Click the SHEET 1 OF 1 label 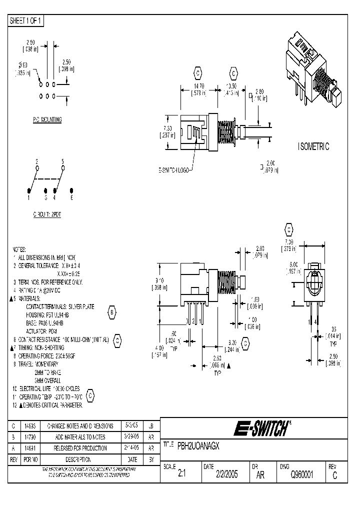coord(26,20)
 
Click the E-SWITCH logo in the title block coord(261,429)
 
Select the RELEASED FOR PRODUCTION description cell coord(76,448)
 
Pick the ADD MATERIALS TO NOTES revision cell coord(76,437)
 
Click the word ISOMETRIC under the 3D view coord(313,146)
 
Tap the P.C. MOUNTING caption coord(44,120)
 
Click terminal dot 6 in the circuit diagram coord(72,191)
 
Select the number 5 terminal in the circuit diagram coord(62,162)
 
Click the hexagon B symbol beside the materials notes coord(112,313)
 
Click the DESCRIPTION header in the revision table coord(76,459)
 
